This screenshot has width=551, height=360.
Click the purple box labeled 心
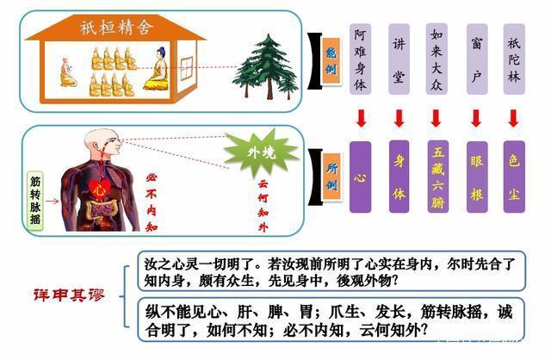point(361,177)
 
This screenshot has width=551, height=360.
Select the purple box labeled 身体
point(399,177)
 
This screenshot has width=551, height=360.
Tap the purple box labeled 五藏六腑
point(438,177)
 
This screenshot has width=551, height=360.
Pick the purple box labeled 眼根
point(476,177)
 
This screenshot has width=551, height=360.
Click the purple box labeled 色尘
point(515,177)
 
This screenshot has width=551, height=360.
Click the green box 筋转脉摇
point(35,201)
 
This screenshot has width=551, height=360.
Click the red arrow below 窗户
point(476,118)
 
